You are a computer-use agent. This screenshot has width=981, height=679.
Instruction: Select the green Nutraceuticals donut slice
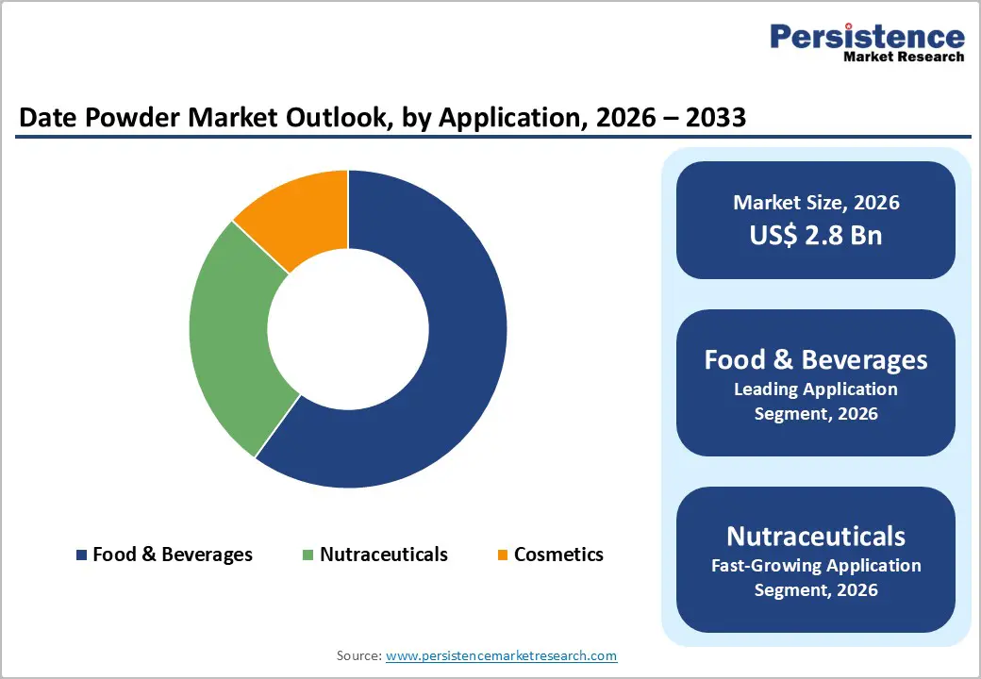pos(231,339)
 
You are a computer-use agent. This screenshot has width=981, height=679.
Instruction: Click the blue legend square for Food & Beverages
pos(82,555)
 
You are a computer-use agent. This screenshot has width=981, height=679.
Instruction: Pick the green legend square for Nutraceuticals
pos(308,555)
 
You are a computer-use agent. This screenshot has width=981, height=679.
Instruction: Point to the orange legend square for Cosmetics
pos(503,555)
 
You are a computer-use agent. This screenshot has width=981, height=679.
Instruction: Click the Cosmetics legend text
pos(558,555)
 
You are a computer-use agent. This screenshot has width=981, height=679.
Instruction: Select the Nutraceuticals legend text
pos(384,555)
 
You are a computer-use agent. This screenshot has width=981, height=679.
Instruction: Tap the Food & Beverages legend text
pos(173,555)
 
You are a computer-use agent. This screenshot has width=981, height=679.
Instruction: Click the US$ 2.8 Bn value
pos(816,235)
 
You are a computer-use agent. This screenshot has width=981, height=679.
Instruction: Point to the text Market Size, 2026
pos(816,203)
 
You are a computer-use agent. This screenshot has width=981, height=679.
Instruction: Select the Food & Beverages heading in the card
pos(816,359)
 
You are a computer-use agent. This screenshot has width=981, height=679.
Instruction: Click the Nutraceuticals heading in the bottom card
pos(816,536)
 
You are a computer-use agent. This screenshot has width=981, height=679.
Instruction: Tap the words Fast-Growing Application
pos(816,566)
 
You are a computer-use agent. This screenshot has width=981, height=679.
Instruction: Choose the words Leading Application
pos(816,389)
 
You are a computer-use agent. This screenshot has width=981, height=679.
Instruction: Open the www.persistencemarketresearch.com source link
pos(502,655)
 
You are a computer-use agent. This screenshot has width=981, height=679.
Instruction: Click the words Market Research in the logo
pos(904,57)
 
